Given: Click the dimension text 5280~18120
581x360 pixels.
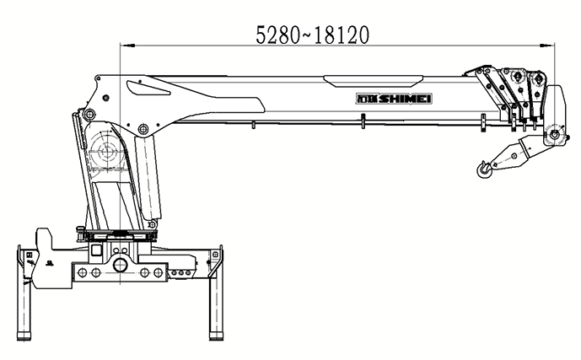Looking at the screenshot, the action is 312,35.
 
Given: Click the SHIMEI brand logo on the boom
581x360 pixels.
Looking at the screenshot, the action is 394,99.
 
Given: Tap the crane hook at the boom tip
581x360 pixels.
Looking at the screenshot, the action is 484,169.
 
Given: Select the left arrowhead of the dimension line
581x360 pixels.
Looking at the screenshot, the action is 127,46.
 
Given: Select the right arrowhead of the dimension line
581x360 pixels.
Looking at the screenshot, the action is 547,46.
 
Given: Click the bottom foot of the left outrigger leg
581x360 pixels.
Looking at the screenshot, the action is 24,336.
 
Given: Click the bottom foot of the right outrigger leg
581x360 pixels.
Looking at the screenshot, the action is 216,336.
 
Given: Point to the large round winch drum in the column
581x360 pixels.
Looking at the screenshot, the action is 108,152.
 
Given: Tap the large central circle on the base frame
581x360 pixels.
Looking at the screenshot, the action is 120,265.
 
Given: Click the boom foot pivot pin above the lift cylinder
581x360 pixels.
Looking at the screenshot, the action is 143,129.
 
